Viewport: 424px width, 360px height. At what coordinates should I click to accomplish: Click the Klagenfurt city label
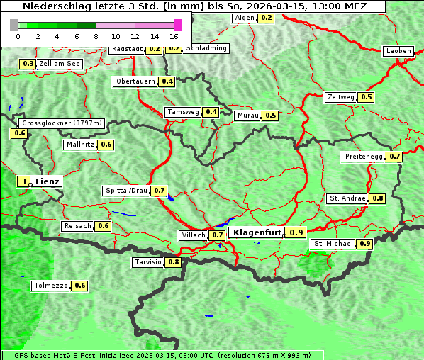point(257,232)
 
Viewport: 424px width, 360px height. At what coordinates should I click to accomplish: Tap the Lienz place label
point(48,181)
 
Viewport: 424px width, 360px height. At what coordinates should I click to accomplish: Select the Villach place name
point(194,235)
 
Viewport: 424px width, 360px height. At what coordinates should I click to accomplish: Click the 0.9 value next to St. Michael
point(365,244)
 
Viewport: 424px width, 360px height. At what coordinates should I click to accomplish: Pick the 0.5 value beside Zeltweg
point(367,97)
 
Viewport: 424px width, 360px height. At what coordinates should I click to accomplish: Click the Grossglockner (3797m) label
point(62,123)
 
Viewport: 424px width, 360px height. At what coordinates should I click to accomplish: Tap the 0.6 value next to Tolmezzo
point(80,286)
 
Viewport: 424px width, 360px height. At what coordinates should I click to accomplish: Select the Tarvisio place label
point(148,262)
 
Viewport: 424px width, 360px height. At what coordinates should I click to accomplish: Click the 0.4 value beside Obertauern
point(167,81)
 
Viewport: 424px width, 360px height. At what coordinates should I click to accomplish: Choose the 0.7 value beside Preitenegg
point(395,157)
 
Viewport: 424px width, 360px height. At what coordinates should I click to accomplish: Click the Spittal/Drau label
point(126,191)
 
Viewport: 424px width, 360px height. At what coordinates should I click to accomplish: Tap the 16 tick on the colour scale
point(174,35)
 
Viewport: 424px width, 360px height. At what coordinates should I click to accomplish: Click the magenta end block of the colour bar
point(177,25)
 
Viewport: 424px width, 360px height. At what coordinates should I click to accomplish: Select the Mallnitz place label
point(79,145)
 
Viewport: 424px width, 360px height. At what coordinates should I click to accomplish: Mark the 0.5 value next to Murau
point(270,115)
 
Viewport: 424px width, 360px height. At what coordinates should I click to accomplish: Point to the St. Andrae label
point(347,198)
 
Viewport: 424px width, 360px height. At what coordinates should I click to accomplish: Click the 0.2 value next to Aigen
point(266,18)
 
